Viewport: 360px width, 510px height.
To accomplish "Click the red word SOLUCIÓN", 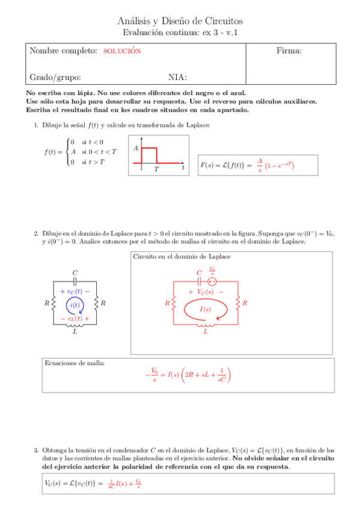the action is (122, 52).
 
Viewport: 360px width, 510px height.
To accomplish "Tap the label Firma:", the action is (288, 51).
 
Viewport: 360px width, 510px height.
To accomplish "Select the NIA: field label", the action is (177, 77).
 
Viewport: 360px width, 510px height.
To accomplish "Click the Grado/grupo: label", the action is (55, 77).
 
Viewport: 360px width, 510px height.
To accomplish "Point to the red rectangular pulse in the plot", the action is (148, 155).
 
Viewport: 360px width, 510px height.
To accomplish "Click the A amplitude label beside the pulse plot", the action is (136, 148).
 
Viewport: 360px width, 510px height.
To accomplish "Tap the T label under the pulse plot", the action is (156, 169).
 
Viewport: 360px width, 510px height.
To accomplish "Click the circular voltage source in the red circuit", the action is (212, 281).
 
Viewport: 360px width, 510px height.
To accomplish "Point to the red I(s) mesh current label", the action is (205, 309).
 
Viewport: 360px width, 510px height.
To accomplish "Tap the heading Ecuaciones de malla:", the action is (75, 363).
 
